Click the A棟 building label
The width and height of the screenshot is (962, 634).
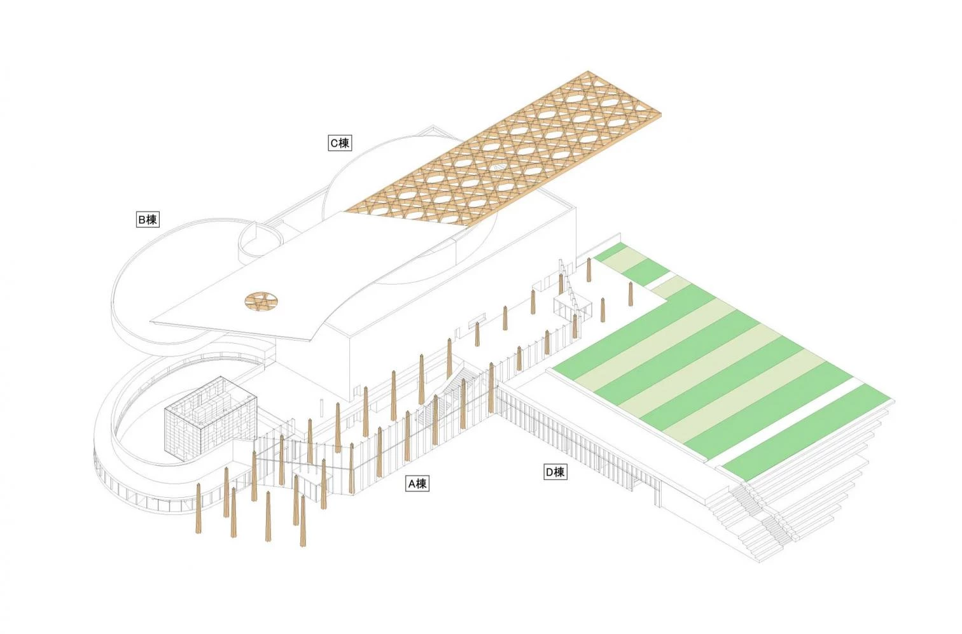417,484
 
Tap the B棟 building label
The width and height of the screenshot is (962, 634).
148,220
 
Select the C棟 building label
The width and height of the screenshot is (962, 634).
340,143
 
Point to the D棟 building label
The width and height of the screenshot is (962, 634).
555,472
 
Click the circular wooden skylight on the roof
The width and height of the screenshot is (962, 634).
261,300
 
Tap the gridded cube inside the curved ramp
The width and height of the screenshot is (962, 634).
211,418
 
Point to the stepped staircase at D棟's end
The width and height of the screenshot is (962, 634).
769,516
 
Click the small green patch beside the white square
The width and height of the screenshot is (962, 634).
644,271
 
